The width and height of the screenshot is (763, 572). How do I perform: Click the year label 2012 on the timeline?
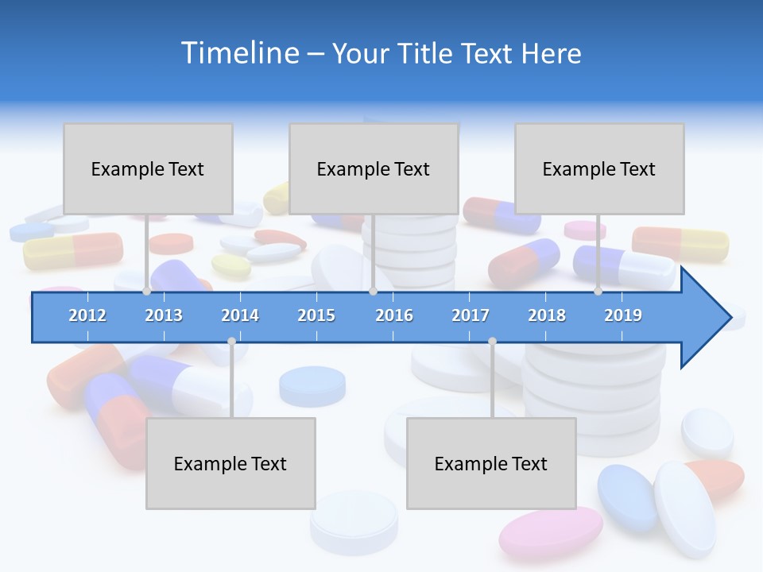click(x=87, y=315)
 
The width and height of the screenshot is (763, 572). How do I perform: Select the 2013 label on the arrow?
click(x=164, y=315)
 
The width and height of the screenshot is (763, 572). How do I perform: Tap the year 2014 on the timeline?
click(x=240, y=315)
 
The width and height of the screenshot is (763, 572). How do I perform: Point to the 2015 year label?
click(x=316, y=315)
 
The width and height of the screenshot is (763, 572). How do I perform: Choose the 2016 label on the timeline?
click(x=394, y=315)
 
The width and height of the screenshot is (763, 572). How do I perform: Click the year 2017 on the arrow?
click(x=471, y=315)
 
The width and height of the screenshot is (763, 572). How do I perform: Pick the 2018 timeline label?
click(x=547, y=315)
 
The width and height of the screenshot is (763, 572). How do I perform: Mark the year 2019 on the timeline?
click(x=623, y=315)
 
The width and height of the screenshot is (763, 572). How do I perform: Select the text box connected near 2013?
click(x=148, y=168)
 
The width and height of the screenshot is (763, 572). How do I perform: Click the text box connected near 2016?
click(x=374, y=168)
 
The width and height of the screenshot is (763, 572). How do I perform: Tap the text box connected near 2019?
click(x=599, y=168)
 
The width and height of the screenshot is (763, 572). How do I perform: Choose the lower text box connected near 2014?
click(x=230, y=463)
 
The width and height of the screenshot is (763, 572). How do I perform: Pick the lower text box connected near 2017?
click(x=491, y=463)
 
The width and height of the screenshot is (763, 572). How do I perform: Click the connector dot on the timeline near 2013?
click(x=147, y=291)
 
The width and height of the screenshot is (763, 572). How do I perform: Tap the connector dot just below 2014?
click(x=231, y=341)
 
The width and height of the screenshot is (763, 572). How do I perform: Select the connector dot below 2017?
click(x=492, y=341)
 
